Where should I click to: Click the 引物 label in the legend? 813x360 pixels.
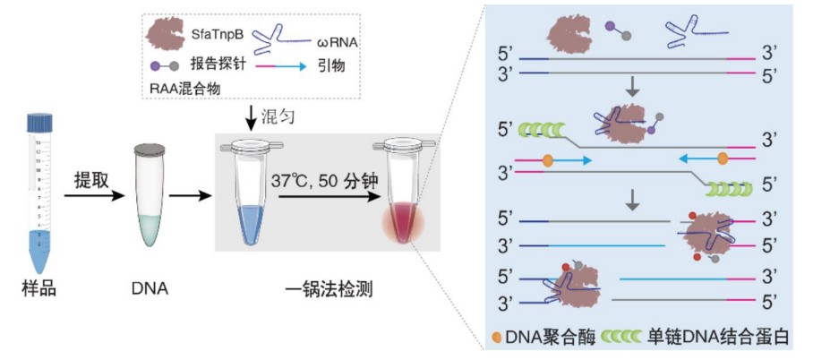(x=329, y=65)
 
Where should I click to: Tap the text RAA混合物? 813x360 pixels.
(x=186, y=87)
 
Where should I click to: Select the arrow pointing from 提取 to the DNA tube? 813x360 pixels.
(x=92, y=193)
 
